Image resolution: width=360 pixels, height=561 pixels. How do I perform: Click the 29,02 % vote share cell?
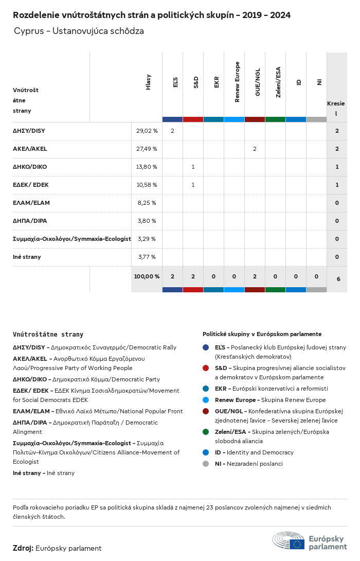pos(147,131)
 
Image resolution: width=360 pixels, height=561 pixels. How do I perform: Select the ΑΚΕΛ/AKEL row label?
pos(30,149)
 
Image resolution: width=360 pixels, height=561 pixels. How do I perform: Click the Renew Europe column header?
pos(237,82)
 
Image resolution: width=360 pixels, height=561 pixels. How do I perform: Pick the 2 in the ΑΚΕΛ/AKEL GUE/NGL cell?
pos(255,149)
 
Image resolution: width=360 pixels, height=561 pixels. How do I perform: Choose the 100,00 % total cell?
pos(147,276)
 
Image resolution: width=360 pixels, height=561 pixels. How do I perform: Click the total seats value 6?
pos(338,279)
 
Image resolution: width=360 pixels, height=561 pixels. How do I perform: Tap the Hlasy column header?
pos(149,82)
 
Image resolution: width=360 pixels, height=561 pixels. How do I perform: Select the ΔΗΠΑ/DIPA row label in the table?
pos(30,221)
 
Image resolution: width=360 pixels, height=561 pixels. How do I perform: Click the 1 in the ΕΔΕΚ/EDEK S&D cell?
pos(193,185)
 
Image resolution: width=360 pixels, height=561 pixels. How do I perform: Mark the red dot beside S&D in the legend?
pos(206,368)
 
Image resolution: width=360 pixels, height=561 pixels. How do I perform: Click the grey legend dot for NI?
pos(206,464)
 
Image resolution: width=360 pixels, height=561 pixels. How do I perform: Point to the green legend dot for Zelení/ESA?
pos(206,432)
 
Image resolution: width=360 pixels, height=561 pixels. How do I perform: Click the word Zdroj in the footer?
pos(23,548)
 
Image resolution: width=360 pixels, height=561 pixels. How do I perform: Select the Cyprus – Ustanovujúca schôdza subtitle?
pos(79,31)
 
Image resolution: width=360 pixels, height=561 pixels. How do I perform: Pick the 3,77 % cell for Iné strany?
pos(147,257)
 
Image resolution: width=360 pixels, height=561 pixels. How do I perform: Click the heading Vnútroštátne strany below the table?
pos(48,334)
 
